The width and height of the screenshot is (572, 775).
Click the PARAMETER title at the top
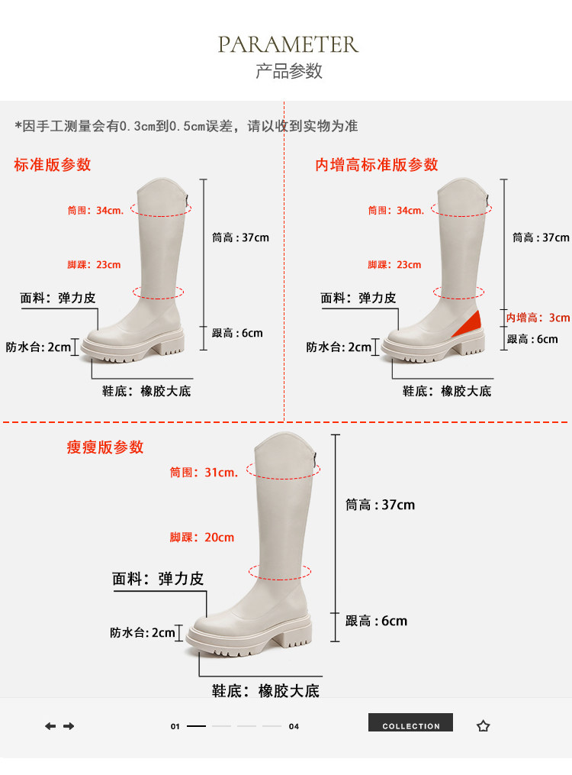pos(288,44)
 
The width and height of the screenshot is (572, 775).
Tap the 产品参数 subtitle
pos(288,71)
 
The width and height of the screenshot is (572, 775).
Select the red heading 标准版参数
pos(52,164)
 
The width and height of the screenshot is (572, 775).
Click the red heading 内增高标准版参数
pos(377,164)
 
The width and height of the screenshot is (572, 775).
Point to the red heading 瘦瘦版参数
pos(104,447)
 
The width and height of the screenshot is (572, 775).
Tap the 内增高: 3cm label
pos(538,318)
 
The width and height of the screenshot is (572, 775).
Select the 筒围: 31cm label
pos(204,473)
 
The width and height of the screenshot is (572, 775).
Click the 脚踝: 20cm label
pos(201,538)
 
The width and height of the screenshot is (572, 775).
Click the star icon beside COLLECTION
pos(483,726)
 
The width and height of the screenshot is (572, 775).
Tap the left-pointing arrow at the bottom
pos(50,726)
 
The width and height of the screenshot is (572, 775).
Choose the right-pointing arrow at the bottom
pos(69,726)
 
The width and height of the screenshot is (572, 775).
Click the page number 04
pos(294,727)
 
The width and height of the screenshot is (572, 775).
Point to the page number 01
pos(175,727)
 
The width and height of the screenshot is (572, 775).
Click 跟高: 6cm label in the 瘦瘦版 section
pos(376,621)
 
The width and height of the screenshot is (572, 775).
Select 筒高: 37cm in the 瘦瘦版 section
pos(380,505)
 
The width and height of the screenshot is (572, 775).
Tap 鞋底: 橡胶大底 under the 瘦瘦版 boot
pos(265,691)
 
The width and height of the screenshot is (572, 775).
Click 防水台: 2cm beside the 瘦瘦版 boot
pos(143,632)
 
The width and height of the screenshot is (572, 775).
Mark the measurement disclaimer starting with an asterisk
pos(186,126)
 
